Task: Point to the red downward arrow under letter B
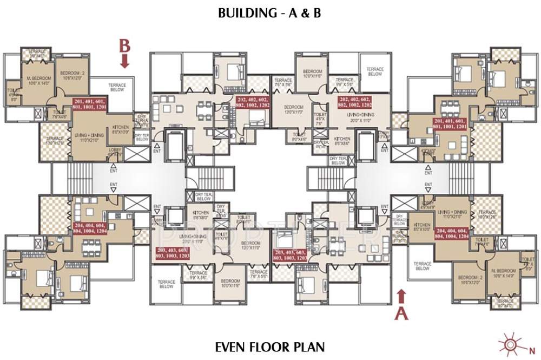pos(125,62)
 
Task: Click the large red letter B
pos(125,46)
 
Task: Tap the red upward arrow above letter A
pos(401,296)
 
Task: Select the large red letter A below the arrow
pos(401,312)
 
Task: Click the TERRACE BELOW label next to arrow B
pos(116,87)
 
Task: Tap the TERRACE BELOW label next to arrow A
pos(423,266)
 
